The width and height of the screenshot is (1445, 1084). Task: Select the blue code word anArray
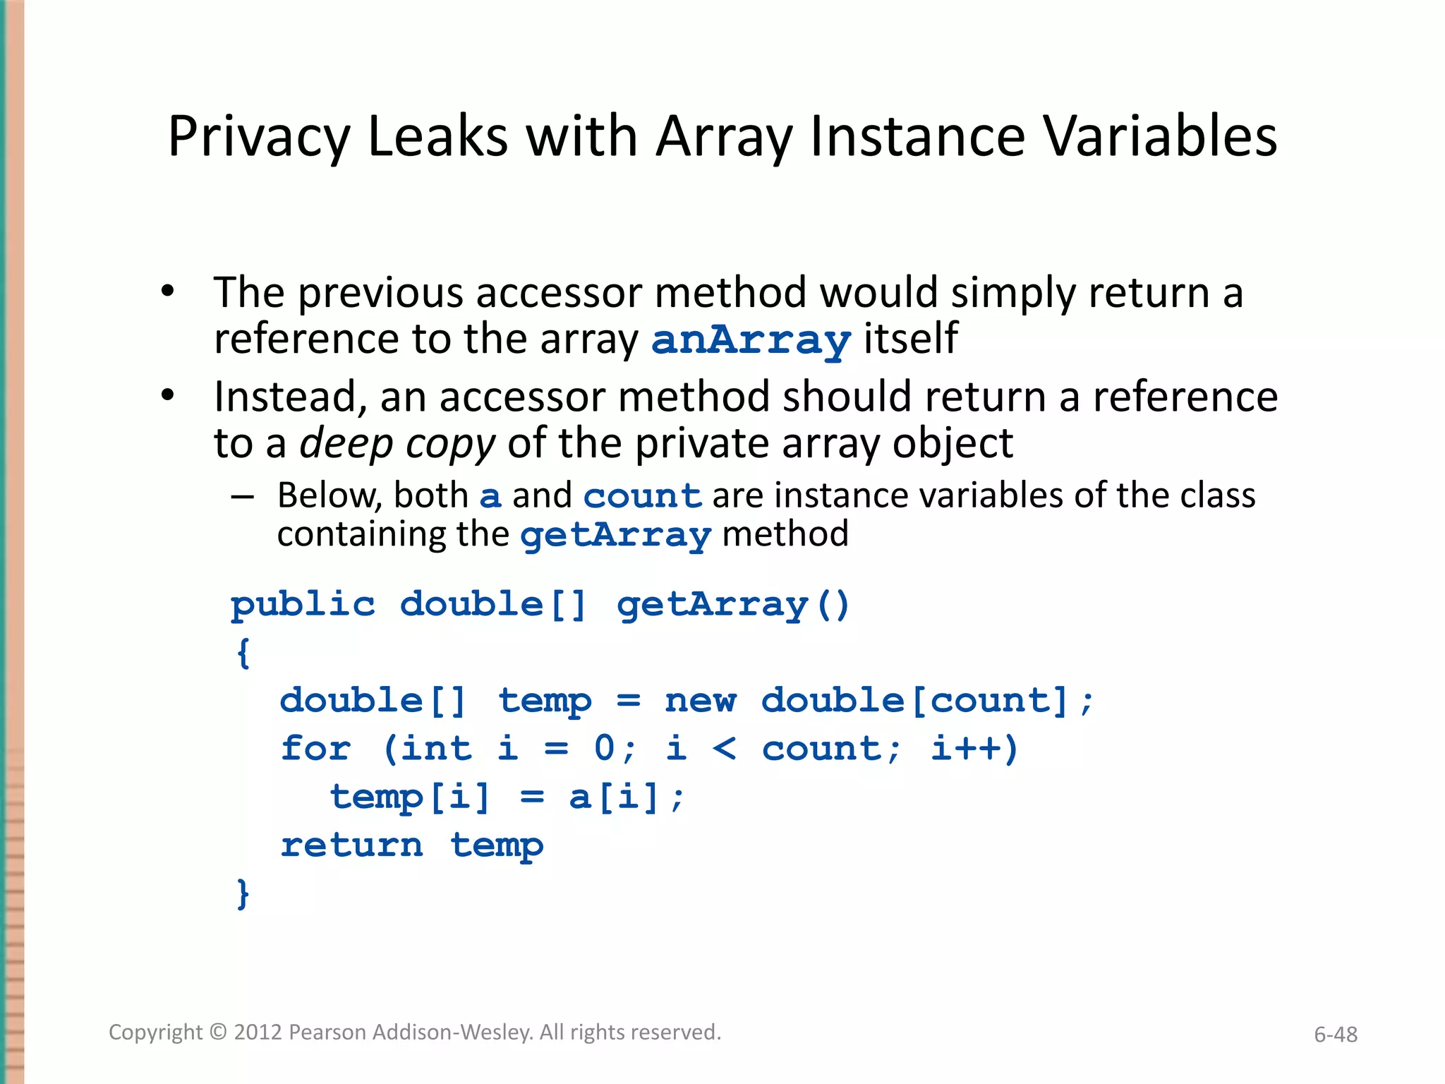click(751, 341)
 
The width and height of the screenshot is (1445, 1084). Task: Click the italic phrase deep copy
click(398, 444)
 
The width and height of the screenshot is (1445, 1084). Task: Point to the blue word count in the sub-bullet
click(642, 496)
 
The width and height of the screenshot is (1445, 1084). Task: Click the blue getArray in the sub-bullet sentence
click(615, 536)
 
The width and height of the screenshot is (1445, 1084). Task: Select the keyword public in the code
click(303, 606)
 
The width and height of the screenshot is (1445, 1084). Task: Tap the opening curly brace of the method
click(243, 653)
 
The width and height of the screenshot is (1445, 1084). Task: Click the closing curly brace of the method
click(243, 893)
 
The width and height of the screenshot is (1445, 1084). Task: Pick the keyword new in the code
click(701, 701)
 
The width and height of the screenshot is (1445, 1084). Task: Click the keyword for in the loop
click(315, 749)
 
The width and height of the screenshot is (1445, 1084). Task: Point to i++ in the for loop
click(974, 749)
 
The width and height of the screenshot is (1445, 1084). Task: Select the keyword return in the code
click(352, 845)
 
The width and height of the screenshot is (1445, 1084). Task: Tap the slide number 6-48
click(1335, 1035)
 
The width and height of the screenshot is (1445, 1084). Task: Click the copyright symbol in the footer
click(218, 1032)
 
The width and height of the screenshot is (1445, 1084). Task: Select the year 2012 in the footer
click(258, 1032)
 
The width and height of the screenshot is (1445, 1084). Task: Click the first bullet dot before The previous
click(167, 291)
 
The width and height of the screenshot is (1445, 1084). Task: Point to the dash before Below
click(242, 497)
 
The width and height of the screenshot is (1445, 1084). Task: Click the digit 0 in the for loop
click(605, 749)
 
